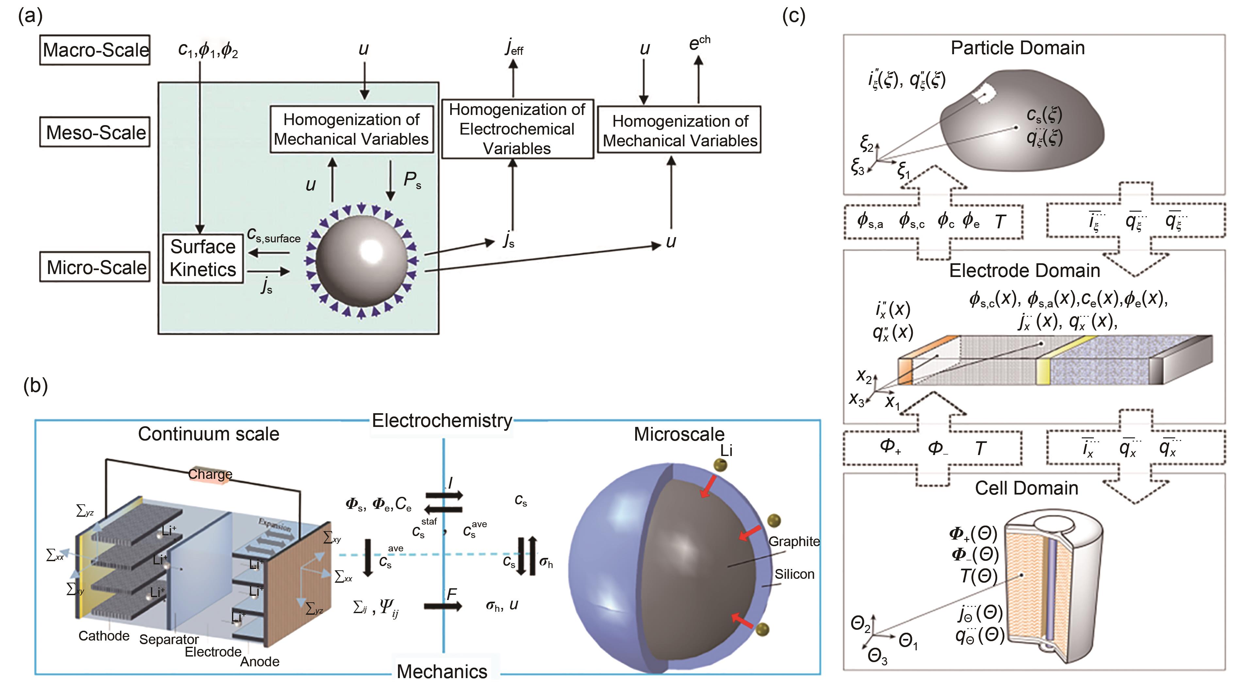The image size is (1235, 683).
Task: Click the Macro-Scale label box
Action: pyautogui.click(x=95, y=50)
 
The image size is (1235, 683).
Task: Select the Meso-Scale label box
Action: pyautogui.click(x=95, y=132)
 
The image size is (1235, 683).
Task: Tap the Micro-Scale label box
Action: pyautogui.click(x=95, y=267)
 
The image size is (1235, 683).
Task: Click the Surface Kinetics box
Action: pyautogui.click(x=203, y=258)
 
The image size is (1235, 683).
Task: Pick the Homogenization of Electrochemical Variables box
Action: pyautogui.click(x=517, y=129)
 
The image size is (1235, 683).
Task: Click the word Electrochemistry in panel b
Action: pyautogui.click(x=442, y=421)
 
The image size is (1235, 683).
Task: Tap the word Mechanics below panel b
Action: pyautogui.click(x=442, y=671)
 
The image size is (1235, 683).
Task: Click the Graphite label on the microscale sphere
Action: pyautogui.click(x=794, y=541)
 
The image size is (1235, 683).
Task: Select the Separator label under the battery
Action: pyautogui.click(x=169, y=639)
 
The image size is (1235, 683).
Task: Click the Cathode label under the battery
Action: pyautogui.click(x=104, y=636)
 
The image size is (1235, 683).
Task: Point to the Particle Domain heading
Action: pyautogui.click(x=1017, y=48)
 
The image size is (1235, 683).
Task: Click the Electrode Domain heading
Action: pyautogui.click(x=1025, y=271)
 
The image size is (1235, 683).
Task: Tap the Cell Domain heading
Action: pyautogui.click(x=1027, y=488)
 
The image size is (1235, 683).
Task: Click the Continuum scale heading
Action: pyautogui.click(x=208, y=434)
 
